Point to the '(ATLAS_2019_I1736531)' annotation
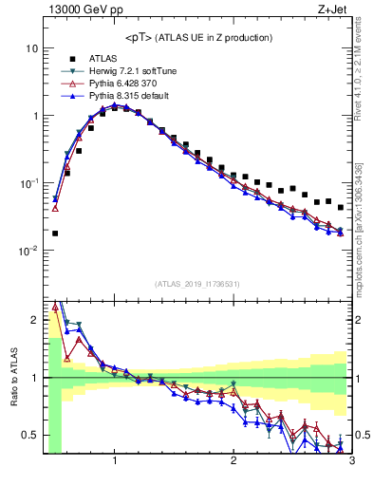click(197, 283)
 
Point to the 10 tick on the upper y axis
click(32, 48)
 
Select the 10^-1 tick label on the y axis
click(28, 183)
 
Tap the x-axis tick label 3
click(351, 461)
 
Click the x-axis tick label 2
click(233, 461)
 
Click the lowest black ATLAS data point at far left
click(55, 233)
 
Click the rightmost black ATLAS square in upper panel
click(340, 207)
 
